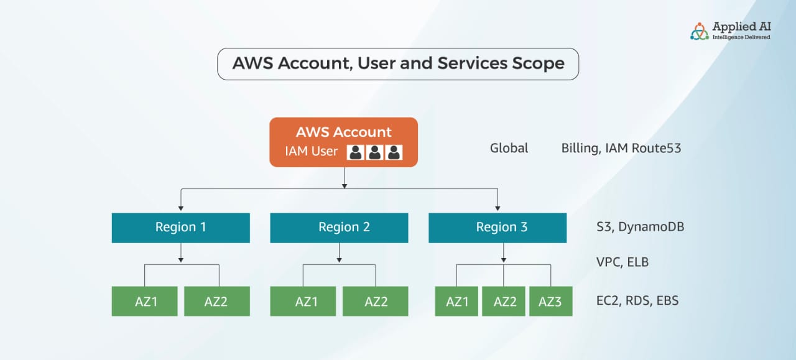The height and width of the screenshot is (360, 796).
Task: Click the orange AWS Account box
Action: [343, 142]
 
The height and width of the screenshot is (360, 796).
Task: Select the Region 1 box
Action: [180, 228]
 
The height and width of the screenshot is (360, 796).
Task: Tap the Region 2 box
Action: [339, 228]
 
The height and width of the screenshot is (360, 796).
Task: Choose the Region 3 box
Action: [497, 228]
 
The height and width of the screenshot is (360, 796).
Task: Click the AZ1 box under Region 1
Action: [146, 302]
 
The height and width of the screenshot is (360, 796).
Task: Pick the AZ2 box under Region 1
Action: [216, 302]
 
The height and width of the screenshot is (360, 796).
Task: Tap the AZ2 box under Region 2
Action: [376, 302]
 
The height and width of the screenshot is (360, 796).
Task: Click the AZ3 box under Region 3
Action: [550, 302]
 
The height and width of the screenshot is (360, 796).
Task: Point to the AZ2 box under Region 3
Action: [504, 302]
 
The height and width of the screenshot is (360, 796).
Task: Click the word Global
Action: [509, 148]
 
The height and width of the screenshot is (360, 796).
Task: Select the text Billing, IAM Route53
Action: [621, 148]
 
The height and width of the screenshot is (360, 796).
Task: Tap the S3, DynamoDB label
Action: [640, 227]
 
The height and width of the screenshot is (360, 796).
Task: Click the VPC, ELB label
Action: [622, 262]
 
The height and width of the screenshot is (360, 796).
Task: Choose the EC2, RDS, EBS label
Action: [637, 302]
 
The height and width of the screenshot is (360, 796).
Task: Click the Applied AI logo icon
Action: [700, 31]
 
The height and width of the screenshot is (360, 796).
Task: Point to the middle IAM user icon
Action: [374, 152]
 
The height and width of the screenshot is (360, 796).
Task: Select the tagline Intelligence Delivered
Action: [741, 37]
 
